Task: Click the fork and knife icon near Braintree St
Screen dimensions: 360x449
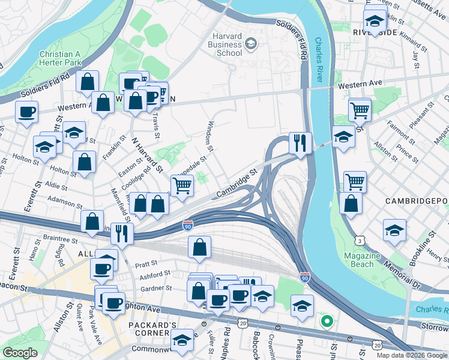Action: click(122, 233)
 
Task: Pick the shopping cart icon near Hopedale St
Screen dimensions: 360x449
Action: click(182, 186)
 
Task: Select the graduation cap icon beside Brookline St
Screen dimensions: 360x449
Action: click(394, 230)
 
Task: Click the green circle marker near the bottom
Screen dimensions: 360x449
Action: click(327, 322)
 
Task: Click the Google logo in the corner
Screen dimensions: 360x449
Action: click(20, 353)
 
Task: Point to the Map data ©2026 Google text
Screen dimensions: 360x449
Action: click(412, 355)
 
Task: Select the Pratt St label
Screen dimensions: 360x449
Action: click(146, 263)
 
